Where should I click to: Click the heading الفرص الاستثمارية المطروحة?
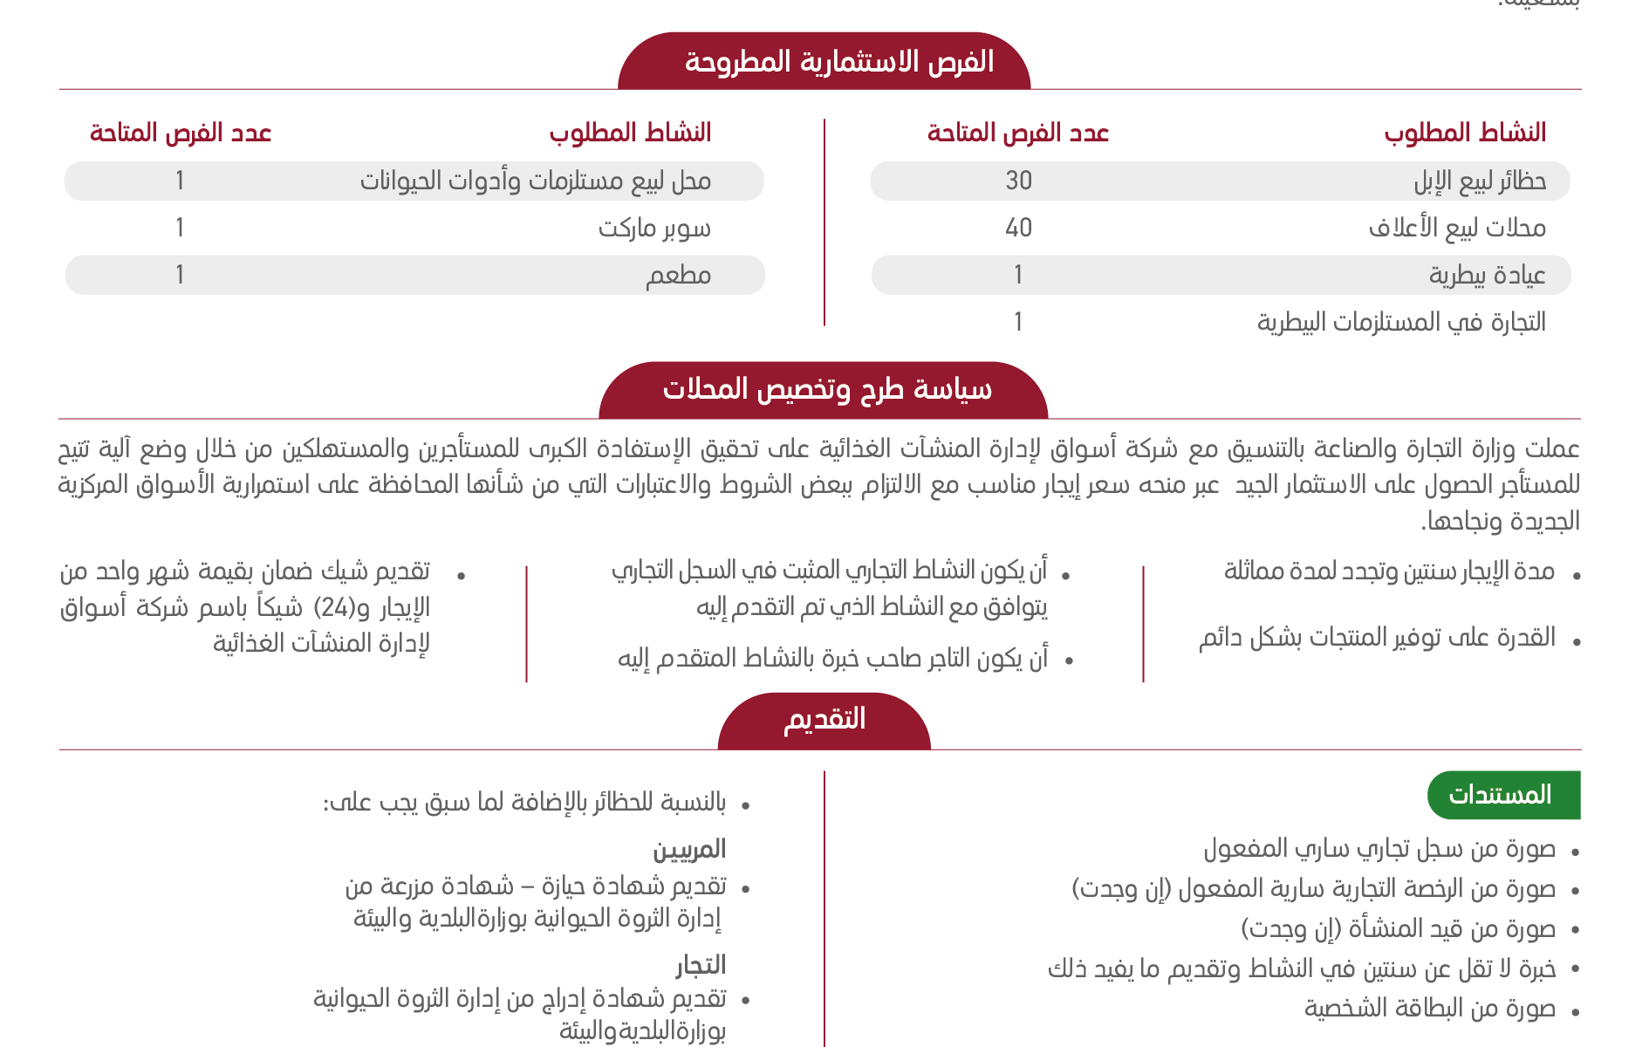pos(838,62)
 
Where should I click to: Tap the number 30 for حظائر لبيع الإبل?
pos(1018,181)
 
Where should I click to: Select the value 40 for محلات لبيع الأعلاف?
pos(1018,228)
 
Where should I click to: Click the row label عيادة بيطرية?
pos(1487,275)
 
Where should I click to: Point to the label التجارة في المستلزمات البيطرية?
pos(1401,322)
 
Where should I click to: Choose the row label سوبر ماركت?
pos(654,228)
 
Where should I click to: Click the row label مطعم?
pos(678,275)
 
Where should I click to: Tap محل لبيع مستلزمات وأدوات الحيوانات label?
pos(536,181)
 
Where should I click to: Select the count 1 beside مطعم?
pos(180,275)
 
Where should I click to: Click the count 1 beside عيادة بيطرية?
pos(1018,275)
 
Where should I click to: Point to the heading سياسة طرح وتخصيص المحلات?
pos(826,389)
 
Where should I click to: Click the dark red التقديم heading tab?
pos(824,719)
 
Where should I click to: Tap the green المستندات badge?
pos(1502,795)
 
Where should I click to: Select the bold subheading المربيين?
pos(689,849)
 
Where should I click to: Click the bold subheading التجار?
pos(701,965)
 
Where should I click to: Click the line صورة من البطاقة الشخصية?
pos(1430,1009)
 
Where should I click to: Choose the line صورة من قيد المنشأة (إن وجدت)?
pos(1399,929)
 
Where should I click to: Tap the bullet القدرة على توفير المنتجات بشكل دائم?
pos(1377,638)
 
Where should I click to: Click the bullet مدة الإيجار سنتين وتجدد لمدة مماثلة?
pos(1389,571)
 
